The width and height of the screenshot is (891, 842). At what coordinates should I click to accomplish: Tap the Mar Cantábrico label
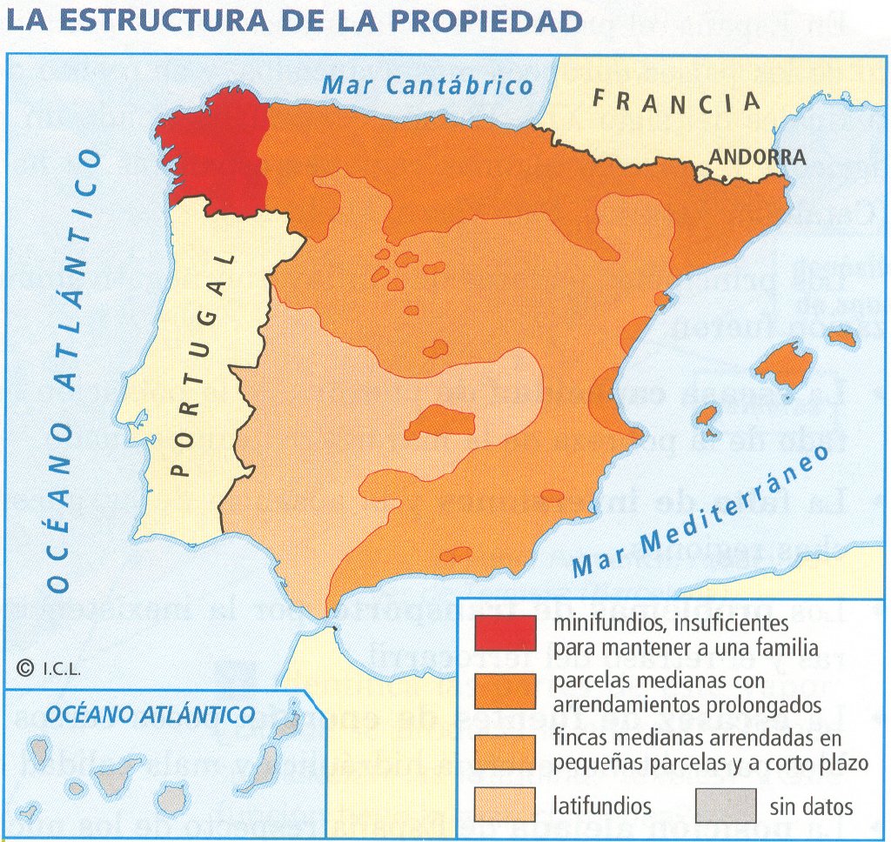point(426,85)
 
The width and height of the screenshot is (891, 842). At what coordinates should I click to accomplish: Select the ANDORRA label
point(758,157)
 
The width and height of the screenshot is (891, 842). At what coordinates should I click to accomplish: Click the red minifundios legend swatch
point(505,633)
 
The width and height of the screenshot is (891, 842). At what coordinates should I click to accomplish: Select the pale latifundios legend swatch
point(505,805)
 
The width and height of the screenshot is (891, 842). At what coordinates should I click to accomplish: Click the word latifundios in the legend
point(602,805)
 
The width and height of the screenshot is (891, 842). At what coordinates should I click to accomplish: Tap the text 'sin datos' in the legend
point(811,806)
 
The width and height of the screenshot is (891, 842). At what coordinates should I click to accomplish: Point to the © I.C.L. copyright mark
point(49,668)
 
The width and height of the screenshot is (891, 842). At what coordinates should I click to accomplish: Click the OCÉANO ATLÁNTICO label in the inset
point(150,715)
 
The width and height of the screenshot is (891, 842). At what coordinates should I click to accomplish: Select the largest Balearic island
point(783,363)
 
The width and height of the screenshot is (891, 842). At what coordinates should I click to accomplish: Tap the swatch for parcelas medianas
point(505,691)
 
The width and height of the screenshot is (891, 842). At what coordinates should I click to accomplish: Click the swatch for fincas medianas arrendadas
point(505,752)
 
